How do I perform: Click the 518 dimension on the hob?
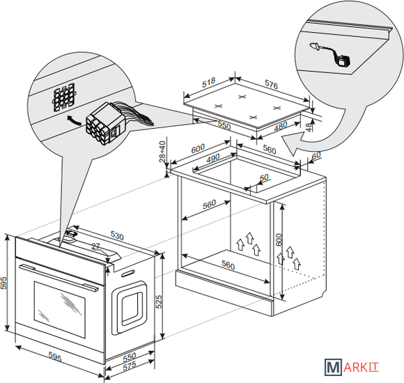pos(208,82)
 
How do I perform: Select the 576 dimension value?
pos(272,84)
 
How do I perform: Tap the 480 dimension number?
pos(280,126)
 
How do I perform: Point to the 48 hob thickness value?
pos(309,127)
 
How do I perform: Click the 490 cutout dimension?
pos(213,158)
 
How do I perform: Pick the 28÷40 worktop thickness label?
pos(162,151)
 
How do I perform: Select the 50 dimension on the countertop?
pos(264,178)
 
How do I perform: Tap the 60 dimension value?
pos(316,155)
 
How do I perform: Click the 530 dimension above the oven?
pos(117,235)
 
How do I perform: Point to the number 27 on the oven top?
pos(95,247)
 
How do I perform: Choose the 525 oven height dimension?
pos(159,302)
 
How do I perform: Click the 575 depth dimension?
pos(130,366)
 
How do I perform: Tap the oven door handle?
pos(59,278)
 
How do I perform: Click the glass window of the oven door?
pos(60,310)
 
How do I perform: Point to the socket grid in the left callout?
pos(64,97)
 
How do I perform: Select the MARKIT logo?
pos(352,367)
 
